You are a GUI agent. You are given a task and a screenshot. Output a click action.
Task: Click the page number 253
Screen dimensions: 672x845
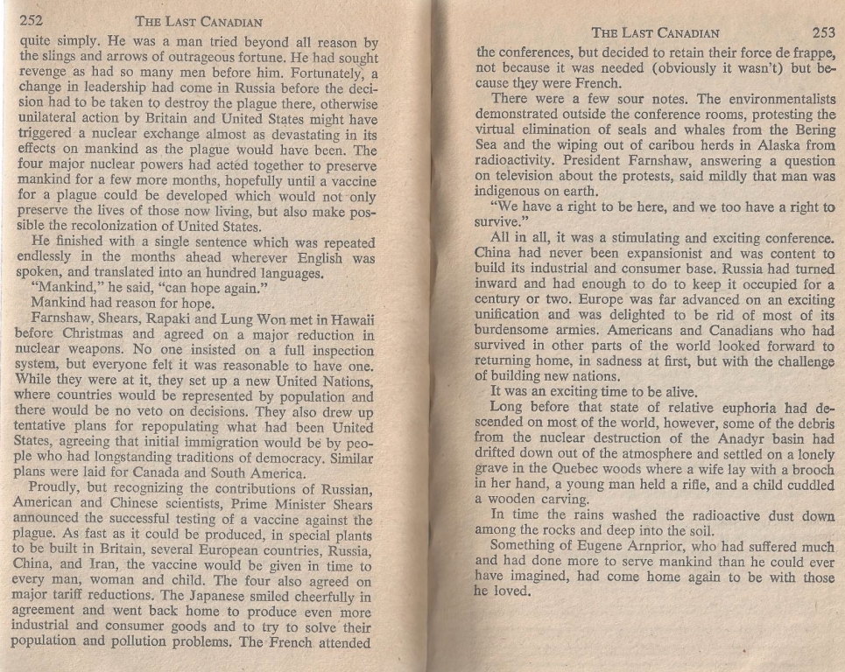[823, 33]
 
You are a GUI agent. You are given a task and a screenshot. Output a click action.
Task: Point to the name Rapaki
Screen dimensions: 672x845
[189, 318]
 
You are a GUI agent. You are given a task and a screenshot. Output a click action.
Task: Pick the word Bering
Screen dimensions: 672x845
[811, 130]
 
